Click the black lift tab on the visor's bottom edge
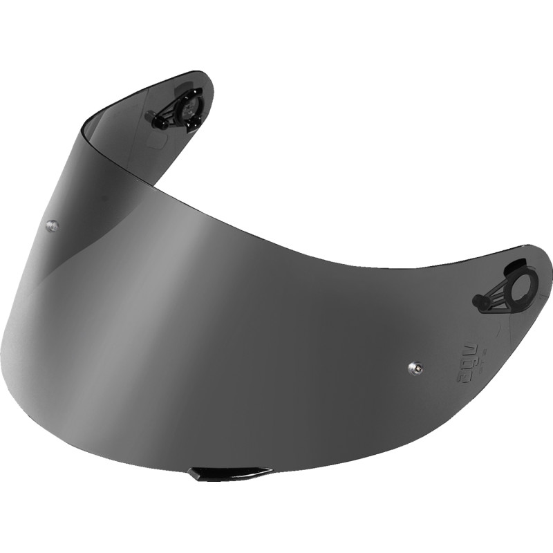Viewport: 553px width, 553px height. click(229, 473)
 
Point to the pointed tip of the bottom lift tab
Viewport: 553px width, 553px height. click(270, 471)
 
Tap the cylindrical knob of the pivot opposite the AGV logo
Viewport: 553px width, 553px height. click(156, 118)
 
